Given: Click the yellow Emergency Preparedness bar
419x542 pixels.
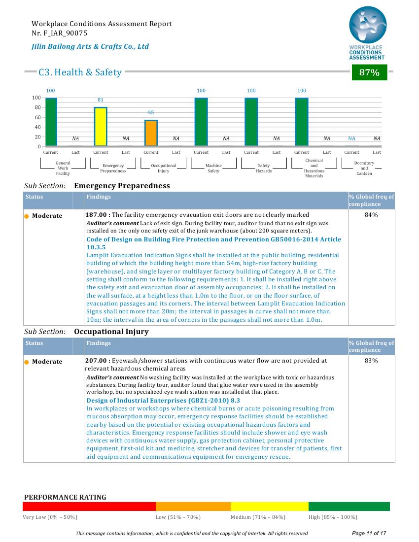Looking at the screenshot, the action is [x=101, y=127].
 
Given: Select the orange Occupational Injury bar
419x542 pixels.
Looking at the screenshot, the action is [x=151, y=133].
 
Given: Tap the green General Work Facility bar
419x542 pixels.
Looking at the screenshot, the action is [x=51, y=122].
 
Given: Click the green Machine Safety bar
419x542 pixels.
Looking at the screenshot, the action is [x=201, y=122].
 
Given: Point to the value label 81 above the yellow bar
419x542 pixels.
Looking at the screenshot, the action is [x=100, y=100].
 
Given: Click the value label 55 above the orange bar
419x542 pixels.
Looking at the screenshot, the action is [x=151, y=113].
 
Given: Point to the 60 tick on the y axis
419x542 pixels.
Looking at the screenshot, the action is [x=37, y=117].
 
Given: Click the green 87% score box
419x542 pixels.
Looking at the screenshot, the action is [x=369, y=72].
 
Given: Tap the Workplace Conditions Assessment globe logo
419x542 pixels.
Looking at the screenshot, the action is [x=368, y=25].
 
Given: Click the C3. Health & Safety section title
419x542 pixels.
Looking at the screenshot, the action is [x=80, y=72].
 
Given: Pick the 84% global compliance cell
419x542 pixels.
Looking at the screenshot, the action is [x=371, y=215].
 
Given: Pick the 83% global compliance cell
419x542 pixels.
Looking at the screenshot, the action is [x=371, y=361].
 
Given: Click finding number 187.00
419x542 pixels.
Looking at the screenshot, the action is [x=96, y=215].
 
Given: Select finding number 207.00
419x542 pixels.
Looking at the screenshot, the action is [x=96, y=361].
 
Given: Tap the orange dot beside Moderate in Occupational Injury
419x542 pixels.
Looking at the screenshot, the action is [x=27, y=362].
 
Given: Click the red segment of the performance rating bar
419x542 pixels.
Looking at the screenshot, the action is [x=89, y=507].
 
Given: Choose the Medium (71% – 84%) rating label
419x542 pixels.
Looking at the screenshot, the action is [x=258, y=517].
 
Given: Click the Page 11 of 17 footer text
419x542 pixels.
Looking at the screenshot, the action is [x=369, y=533].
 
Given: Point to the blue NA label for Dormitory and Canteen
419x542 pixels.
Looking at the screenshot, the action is [x=351, y=138].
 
